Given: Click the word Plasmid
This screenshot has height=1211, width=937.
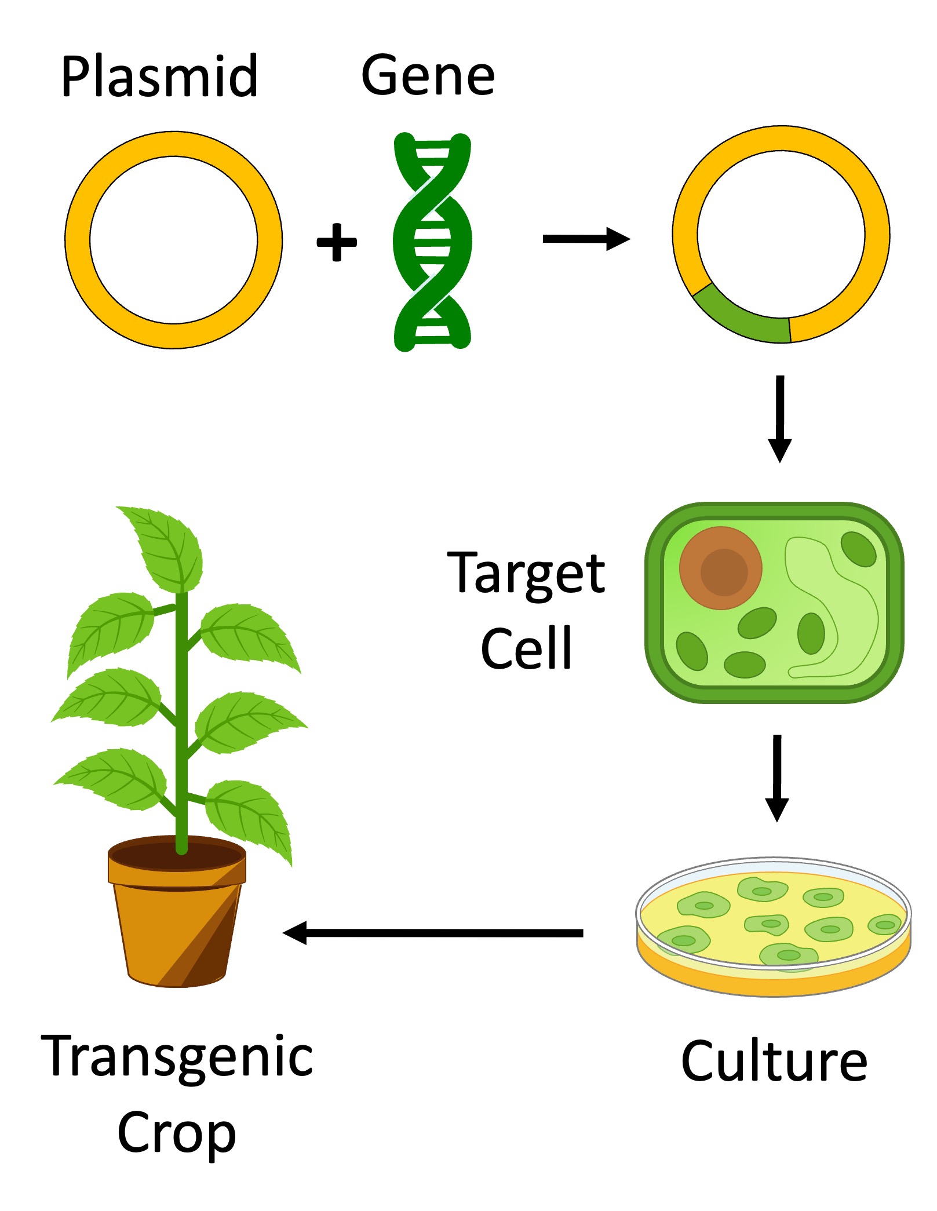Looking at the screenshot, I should click(159, 76).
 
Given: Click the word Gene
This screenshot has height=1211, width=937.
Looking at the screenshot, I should click(428, 75).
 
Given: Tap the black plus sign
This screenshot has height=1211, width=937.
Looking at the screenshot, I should click(337, 242).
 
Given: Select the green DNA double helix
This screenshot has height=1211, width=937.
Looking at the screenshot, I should click(432, 242).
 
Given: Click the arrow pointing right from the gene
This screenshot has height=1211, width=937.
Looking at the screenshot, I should click(585, 239).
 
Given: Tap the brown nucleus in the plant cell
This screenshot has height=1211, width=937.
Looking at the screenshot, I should click(721, 568).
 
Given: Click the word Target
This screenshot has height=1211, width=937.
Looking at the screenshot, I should click(526, 574).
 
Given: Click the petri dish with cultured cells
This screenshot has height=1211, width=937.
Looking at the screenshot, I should click(773, 927).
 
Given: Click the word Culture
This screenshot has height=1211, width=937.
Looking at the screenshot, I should click(774, 1062).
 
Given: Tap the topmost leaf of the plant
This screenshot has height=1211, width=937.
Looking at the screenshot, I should click(165, 548).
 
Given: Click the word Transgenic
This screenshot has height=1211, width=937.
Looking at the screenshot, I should click(177, 1057).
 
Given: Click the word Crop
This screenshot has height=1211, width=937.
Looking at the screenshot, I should click(177, 1133).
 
